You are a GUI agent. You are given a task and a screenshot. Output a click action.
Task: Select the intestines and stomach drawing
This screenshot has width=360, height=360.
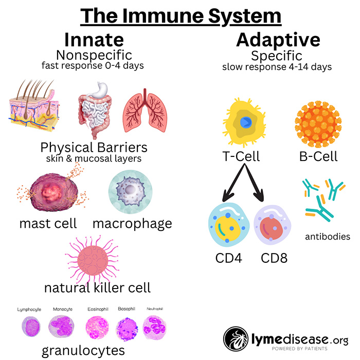tap(95, 111)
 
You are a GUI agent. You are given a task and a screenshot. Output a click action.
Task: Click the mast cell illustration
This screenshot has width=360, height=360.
tap(53, 191)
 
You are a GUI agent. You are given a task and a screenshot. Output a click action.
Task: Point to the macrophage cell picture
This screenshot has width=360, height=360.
tap(131, 191)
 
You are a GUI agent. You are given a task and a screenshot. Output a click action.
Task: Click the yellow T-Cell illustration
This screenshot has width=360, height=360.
tap(244, 122)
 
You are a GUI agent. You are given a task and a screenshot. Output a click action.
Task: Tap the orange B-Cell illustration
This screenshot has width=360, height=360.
tap(318, 124)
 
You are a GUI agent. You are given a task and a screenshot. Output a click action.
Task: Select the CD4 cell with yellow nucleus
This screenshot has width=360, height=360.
tap(229, 225)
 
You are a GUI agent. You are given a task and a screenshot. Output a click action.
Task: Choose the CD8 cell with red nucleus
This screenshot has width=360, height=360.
tap(272, 225)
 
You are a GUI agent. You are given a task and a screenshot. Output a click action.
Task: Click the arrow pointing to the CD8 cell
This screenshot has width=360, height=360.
tap(254, 183)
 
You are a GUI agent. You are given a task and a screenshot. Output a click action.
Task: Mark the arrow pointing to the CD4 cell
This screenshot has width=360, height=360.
tap(233, 183)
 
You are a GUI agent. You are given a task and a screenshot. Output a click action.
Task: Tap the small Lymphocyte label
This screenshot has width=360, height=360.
tap(29, 310)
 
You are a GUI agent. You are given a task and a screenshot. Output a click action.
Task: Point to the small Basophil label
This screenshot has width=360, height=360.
tap(127, 309)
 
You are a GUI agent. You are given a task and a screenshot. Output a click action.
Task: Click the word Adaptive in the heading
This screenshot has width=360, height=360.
tap(278, 41)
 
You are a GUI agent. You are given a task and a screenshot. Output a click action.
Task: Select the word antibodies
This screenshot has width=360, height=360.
tap(328, 237)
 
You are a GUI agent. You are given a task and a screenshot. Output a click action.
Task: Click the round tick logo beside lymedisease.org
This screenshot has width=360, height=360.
tap(236, 339)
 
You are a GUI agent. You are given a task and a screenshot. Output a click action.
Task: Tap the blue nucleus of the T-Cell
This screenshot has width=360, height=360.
tap(246, 122)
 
